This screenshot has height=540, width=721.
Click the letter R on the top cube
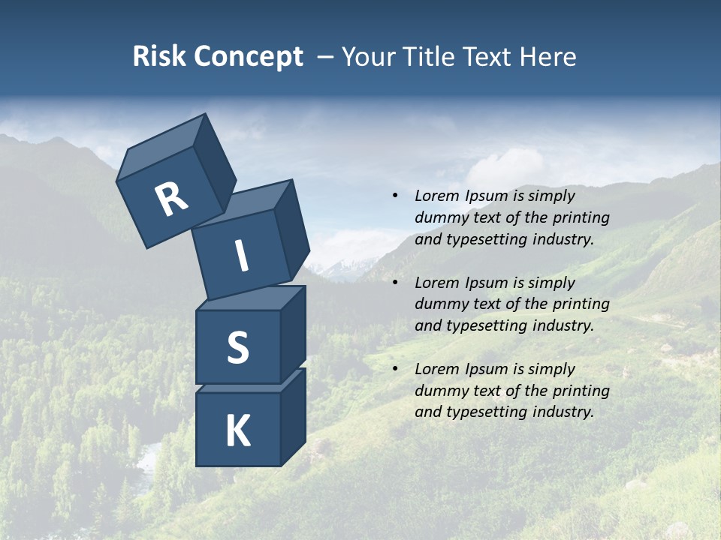[171, 200]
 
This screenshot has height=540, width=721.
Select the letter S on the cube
[237, 347]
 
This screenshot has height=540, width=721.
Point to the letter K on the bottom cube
[237, 431]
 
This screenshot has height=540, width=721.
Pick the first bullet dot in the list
[395, 196]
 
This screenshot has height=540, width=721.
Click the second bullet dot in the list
[395, 283]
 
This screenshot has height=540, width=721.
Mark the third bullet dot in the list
[395, 369]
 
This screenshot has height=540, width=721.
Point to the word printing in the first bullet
[581, 217]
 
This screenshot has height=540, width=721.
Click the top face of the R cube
[161, 148]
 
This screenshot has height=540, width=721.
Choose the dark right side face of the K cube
[293, 416]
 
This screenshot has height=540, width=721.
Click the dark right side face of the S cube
[293, 334]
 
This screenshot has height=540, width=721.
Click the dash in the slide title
[325, 56]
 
